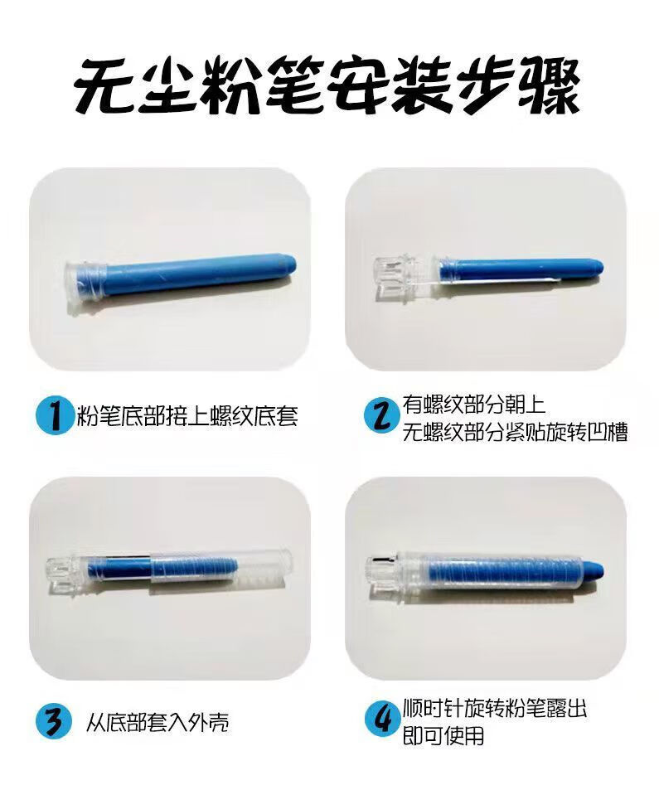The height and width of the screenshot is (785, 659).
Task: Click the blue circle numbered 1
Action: coord(52,416)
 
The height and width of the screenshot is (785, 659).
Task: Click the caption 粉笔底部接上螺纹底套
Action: coord(187,416)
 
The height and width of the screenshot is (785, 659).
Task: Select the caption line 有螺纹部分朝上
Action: coord(473,405)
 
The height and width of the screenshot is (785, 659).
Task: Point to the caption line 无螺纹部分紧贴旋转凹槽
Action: coord(515,432)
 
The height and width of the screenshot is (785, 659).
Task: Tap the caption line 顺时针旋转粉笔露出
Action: coord(494,708)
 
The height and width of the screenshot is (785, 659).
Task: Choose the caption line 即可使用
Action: coord(443,735)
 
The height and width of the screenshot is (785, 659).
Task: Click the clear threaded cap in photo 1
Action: coord(85,286)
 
